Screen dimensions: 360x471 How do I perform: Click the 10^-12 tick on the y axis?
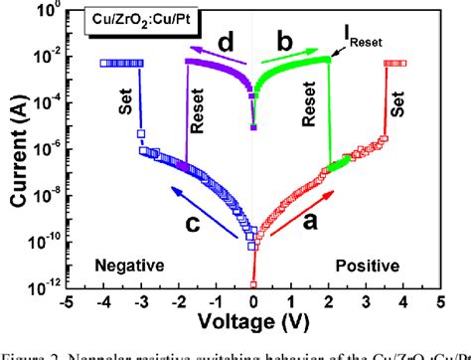[45, 287]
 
